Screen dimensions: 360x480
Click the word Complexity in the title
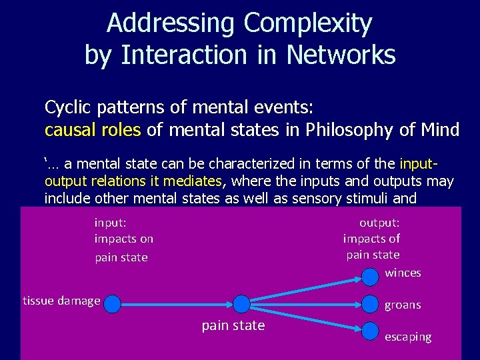click(307, 24)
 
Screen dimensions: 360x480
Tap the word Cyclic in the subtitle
click(65, 107)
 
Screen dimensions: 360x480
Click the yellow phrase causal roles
click(93, 129)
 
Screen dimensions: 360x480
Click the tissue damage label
click(61, 301)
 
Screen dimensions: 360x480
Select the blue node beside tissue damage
click(113, 305)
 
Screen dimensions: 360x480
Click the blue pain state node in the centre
click(241, 305)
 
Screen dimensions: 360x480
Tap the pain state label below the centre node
click(233, 325)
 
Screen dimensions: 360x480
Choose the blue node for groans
click(371, 305)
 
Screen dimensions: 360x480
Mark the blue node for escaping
click(371, 329)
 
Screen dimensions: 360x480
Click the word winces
click(403, 273)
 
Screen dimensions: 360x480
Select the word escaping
click(408, 337)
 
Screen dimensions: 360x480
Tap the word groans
click(403, 305)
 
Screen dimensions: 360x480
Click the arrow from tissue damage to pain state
click(177, 305)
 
